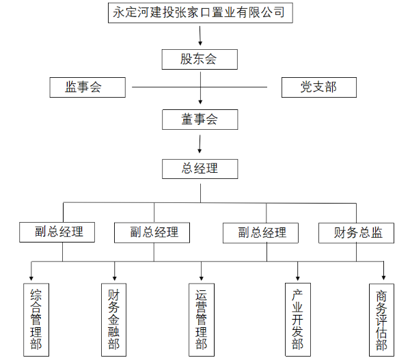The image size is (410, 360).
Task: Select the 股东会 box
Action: (200, 59)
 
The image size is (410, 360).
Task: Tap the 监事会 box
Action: (87, 87)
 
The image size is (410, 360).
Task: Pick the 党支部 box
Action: (318, 87)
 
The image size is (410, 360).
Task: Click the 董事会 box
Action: (200, 120)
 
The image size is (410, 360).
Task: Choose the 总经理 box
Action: (200, 168)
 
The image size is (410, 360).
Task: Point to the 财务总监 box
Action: (357, 233)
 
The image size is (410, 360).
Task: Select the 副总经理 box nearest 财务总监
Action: (262, 233)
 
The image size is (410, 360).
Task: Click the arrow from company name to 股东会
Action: (200, 36)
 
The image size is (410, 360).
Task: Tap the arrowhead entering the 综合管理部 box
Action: (31, 278)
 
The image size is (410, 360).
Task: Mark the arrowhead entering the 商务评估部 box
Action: (384, 278)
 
